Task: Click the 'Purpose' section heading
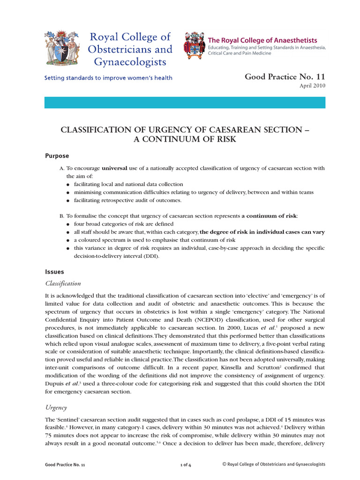tap(57, 156)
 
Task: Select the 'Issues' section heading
tap(54, 271)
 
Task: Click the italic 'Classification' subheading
tap(63, 283)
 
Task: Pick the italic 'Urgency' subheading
tap(56, 407)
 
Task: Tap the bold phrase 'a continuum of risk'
tap(269, 216)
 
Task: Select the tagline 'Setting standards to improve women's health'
tap(108, 78)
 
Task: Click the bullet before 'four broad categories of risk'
tap(68, 225)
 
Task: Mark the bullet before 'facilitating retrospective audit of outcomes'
tap(68, 201)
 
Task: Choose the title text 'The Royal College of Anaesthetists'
tap(262, 41)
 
